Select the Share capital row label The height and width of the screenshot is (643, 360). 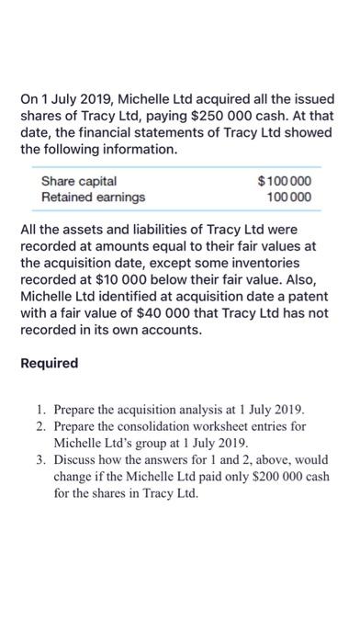coord(79,182)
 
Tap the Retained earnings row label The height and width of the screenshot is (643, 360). coord(93,197)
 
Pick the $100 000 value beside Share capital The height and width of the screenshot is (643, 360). coord(286,182)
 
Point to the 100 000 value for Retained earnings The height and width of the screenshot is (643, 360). coord(289,197)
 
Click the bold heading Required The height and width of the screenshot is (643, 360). coord(49,363)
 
